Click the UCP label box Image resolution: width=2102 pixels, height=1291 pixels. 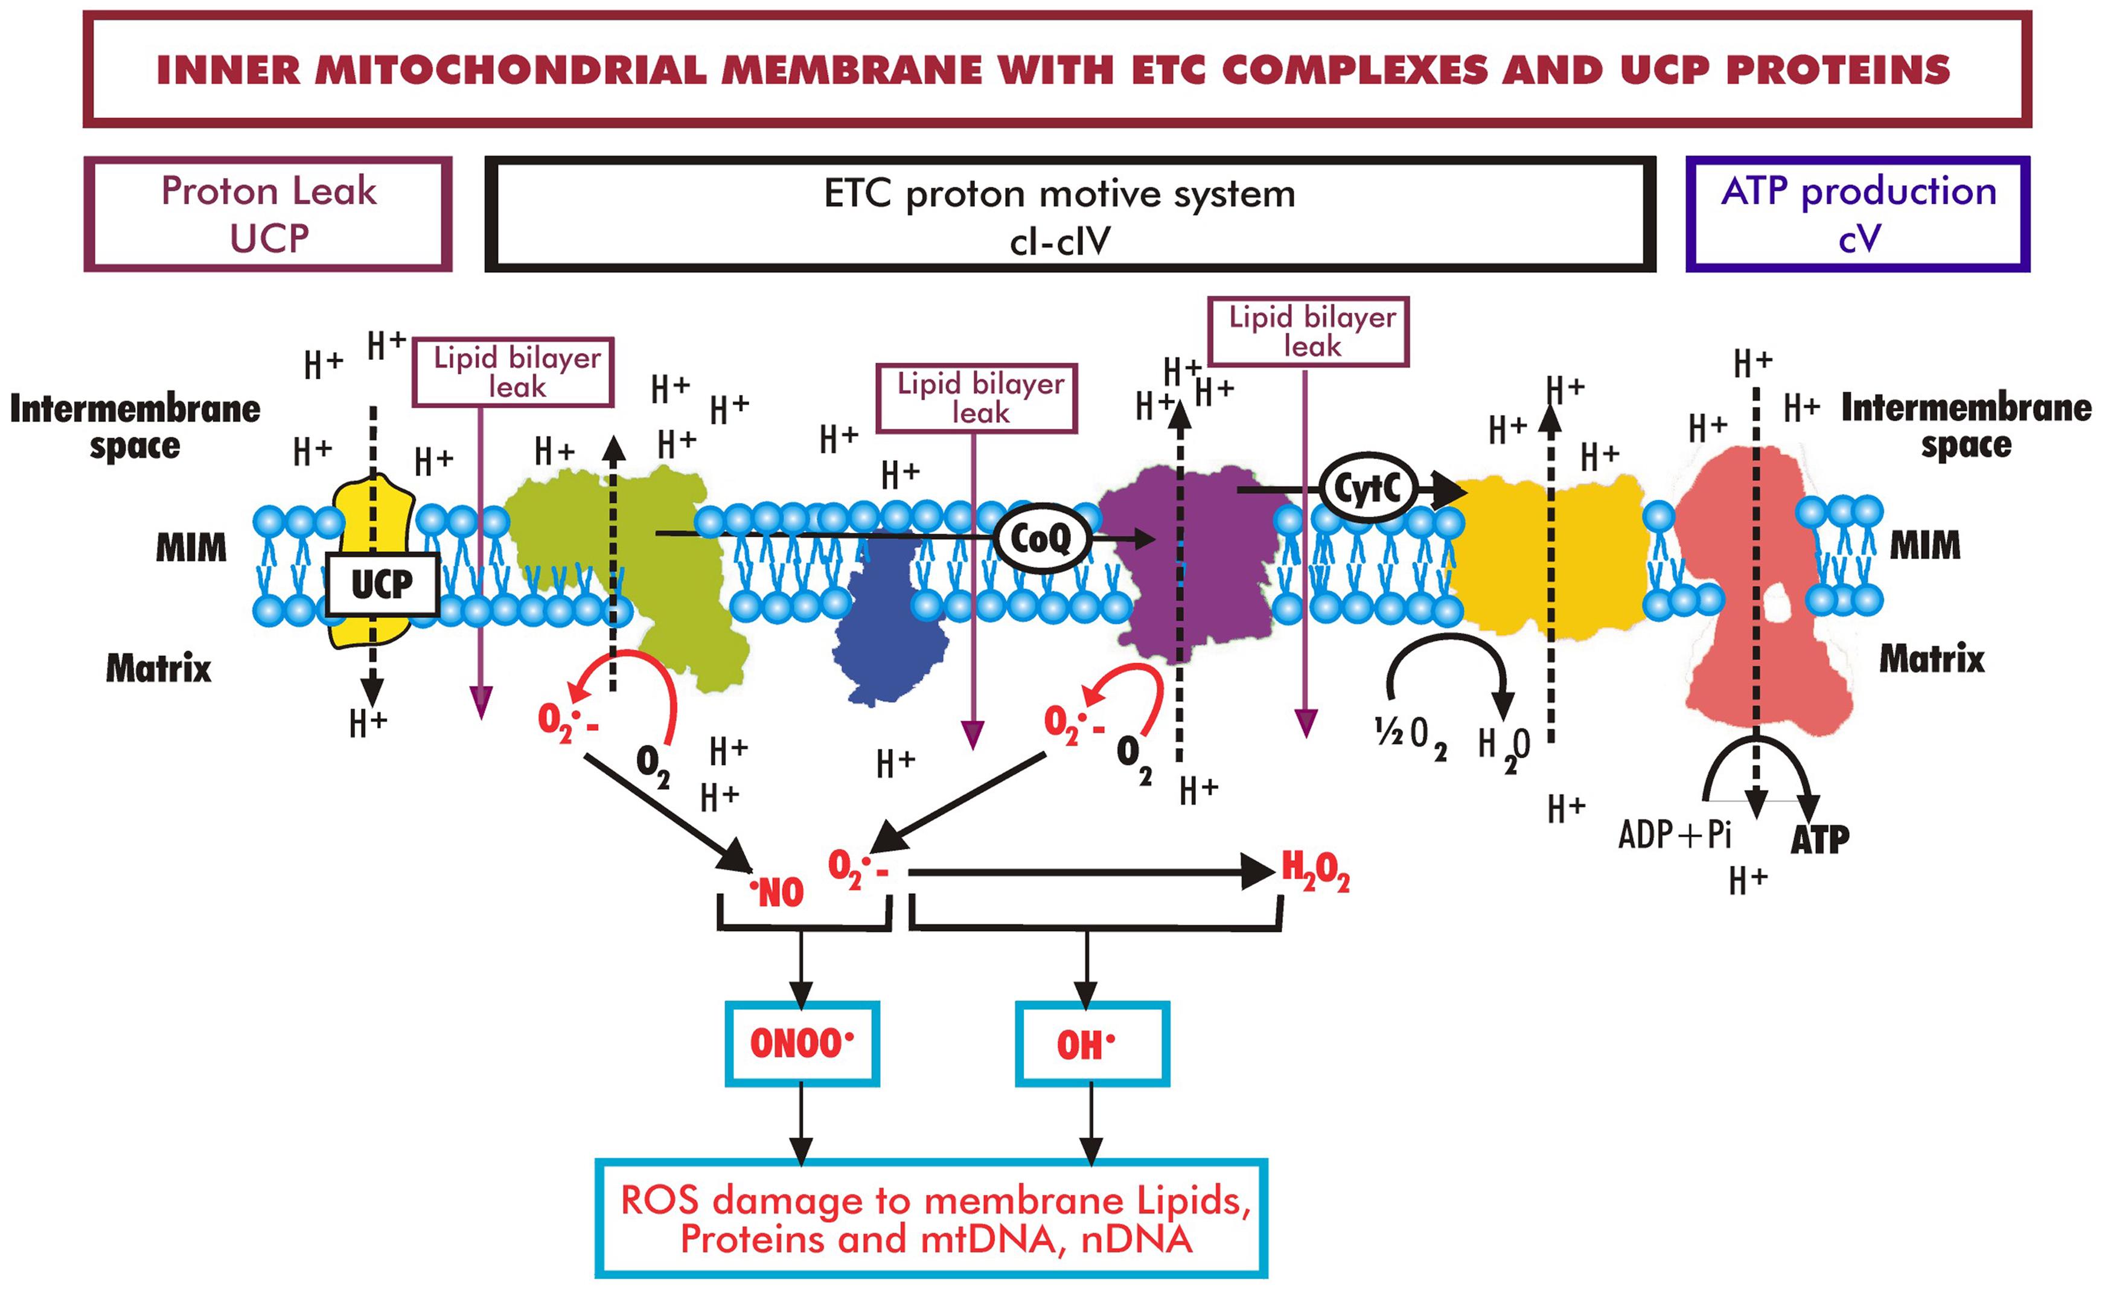382,585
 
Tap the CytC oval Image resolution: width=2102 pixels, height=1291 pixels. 1367,489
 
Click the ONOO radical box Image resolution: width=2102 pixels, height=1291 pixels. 801,1043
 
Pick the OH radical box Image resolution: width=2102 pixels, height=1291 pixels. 1091,1043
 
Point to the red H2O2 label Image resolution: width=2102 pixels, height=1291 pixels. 1315,872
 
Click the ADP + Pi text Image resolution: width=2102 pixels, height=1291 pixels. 1675,834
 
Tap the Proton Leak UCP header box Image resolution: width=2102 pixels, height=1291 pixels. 268,214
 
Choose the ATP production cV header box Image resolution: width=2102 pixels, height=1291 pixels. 1858,214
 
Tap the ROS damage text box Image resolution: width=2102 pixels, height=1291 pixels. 931,1219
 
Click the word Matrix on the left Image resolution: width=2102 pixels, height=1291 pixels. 158,668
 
